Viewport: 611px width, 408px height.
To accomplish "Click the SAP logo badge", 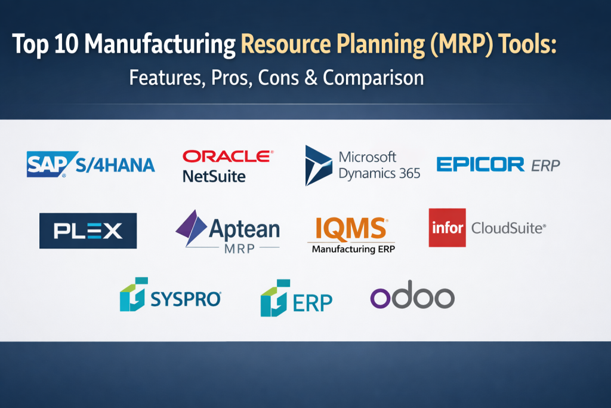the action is pyautogui.click(x=51, y=164).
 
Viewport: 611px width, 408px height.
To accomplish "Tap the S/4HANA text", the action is pyautogui.click(x=115, y=165).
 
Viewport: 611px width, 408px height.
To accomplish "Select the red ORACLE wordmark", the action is pyautogui.click(x=228, y=157).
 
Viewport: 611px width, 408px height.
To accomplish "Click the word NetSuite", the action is pyautogui.click(x=214, y=176).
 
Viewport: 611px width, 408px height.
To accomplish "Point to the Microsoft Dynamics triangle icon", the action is pyautogui.click(x=318, y=165).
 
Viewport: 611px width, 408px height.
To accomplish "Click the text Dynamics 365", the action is pyautogui.click(x=379, y=174).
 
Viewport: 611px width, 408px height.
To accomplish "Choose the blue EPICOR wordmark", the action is pyautogui.click(x=480, y=164).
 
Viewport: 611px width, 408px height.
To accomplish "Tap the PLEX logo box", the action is pyautogui.click(x=88, y=231).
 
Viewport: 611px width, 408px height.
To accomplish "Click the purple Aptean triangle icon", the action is pyautogui.click(x=191, y=228).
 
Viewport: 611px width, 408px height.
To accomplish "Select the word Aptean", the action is pyautogui.click(x=244, y=229).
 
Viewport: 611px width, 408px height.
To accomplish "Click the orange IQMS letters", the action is pyautogui.click(x=351, y=228).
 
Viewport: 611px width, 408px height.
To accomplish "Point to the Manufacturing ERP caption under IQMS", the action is pyautogui.click(x=353, y=249).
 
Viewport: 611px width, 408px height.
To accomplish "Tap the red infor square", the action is pyautogui.click(x=448, y=228).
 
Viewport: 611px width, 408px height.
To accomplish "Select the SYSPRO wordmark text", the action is pyautogui.click(x=186, y=299).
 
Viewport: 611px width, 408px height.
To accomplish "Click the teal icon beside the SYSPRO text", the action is pyautogui.click(x=134, y=295).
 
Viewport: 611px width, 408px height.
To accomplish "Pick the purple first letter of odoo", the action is pyautogui.click(x=380, y=298).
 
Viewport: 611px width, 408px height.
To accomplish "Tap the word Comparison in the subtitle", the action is pyautogui.click(x=374, y=78).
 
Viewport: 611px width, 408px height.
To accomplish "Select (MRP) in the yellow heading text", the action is pyautogui.click(x=462, y=44).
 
